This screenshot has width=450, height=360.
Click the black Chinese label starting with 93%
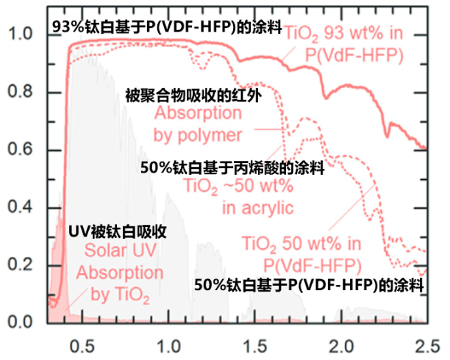point(167,26)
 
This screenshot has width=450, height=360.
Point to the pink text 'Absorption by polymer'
point(198,124)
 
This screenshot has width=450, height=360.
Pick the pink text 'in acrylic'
point(258,208)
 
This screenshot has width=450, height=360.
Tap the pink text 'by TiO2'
point(121,297)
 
